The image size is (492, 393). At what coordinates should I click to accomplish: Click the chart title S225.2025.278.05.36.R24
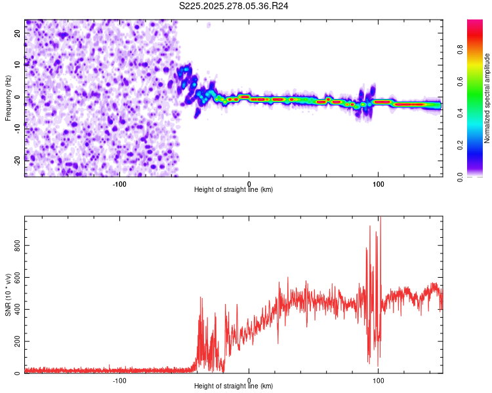click(234, 6)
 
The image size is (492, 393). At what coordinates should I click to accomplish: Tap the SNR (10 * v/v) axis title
click(8, 295)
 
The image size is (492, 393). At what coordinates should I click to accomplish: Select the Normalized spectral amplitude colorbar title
click(487, 98)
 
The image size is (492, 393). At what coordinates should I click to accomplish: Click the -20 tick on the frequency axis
click(17, 159)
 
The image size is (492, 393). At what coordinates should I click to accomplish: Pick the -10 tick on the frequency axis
click(17, 127)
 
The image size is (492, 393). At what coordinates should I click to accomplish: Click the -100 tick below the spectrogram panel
click(119, 184)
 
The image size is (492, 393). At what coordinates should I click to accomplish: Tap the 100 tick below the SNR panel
click(379, 381)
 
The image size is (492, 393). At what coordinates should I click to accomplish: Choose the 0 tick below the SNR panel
click(249, 381)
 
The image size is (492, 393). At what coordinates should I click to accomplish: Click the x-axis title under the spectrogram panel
click(234, 190)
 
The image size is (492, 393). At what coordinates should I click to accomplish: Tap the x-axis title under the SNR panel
click(234, 386)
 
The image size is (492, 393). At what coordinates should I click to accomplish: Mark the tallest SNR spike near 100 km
click(380, 219)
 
